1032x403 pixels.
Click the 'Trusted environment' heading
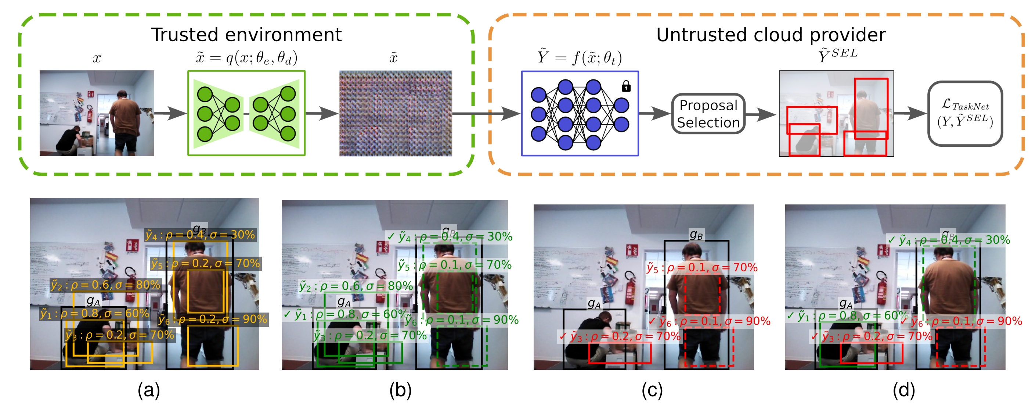point(246,35)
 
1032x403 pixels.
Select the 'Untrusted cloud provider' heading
point(771,35)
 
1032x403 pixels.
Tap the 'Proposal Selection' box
point(708,114)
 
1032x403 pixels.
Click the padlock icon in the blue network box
point(626,86)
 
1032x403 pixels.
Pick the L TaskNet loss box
point(965,114)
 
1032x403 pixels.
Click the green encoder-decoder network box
point(246,113)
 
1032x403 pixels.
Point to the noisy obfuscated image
point(396,113)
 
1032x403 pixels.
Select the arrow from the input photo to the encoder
point(171,113)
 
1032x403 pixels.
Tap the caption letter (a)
point(149,390)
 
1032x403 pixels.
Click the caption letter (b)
point(400,390)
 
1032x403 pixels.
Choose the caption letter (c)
point(652,390)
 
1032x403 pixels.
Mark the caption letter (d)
point(903,390)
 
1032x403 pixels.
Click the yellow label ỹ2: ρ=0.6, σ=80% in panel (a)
point(105,285)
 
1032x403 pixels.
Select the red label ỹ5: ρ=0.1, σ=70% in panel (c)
point(702,267)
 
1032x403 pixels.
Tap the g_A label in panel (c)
point(594,303)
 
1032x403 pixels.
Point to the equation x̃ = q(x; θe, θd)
point(246,58)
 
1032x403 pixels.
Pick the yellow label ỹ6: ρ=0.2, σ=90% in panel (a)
point(212,319)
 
